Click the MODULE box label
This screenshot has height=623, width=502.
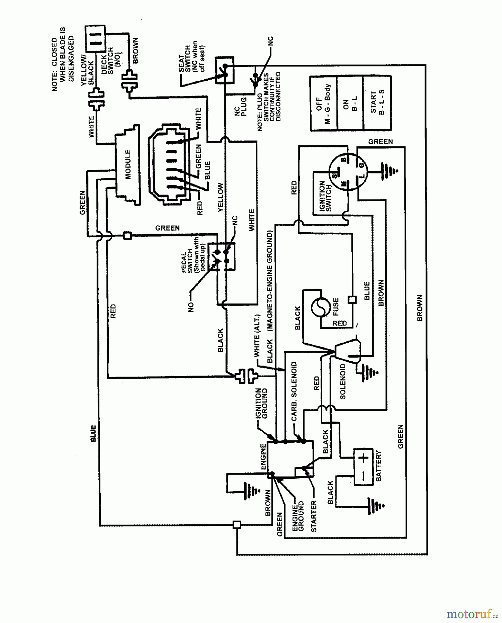pyautogui.click(x=128, y=164)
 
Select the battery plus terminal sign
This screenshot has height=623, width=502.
pyautogui.click(x=363, y=459)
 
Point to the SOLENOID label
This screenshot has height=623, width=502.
pyautogui.click(x=343, y=381)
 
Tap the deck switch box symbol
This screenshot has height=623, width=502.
pyautogui.click(x=95, y=38)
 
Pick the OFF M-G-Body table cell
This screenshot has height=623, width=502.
pyautogui.click(x=323, y=103)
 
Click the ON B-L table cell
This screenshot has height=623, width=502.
pyautogui.click(x=350, y=103)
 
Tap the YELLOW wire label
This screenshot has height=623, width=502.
pyautogui.click(x=221, y=197)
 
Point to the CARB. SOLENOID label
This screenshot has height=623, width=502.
pyautogui.click(x=294, y=391)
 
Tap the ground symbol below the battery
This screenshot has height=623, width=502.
pyautogui.click(x=376, y=506)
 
